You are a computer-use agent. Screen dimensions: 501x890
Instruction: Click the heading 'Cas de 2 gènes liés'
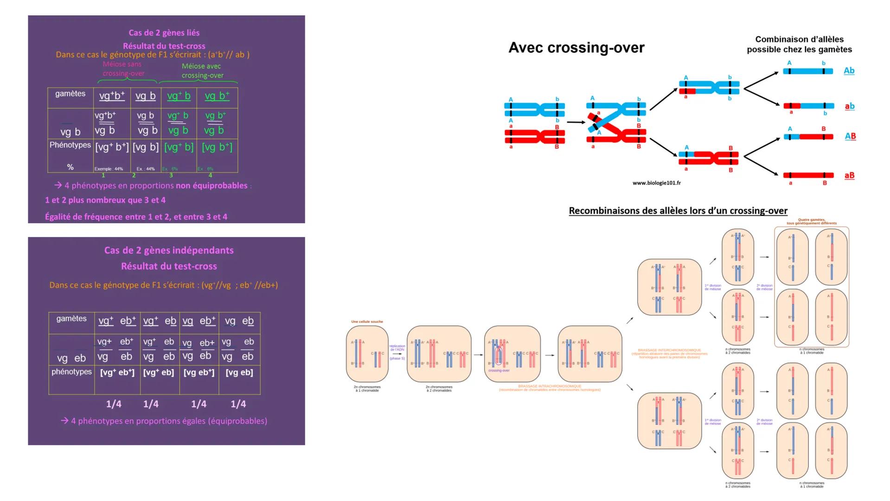pos(164,33)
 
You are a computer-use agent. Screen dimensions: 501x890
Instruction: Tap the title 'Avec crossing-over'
pos(576,48)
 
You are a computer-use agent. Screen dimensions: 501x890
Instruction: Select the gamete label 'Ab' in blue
pos(849,71)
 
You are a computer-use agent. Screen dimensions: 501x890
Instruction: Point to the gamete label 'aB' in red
pos(849,175)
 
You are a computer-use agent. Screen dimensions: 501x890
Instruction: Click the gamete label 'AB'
pos(850,136)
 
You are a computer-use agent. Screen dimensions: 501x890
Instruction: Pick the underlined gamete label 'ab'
pos(849,106)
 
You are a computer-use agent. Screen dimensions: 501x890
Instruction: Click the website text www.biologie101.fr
pos(656,183)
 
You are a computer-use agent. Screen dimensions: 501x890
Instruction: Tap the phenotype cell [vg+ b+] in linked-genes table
pos(112,148)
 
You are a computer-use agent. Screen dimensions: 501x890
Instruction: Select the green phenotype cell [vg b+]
pos(217,148)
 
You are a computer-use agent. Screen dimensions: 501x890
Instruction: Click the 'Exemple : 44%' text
pos(109,169)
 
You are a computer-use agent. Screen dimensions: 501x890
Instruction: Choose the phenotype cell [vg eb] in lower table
pos(239,373)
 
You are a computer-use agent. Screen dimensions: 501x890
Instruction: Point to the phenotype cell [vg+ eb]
pos(159,373)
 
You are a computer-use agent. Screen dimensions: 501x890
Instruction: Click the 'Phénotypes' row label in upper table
pos(70,145)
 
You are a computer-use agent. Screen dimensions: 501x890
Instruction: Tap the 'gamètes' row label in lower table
pos(71,319)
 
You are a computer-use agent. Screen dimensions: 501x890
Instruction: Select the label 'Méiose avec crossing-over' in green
pos(202,71)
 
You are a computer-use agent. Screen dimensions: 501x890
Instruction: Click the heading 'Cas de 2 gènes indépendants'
pos(169,250)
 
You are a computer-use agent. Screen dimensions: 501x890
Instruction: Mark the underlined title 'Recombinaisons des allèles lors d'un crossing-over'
pos(678,211)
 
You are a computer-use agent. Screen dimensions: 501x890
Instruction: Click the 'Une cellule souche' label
pos(367,321)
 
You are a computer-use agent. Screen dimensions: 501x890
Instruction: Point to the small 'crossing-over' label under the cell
pos(499,371)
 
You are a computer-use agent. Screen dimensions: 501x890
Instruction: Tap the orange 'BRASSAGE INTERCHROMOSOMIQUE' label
pos(669,350)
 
